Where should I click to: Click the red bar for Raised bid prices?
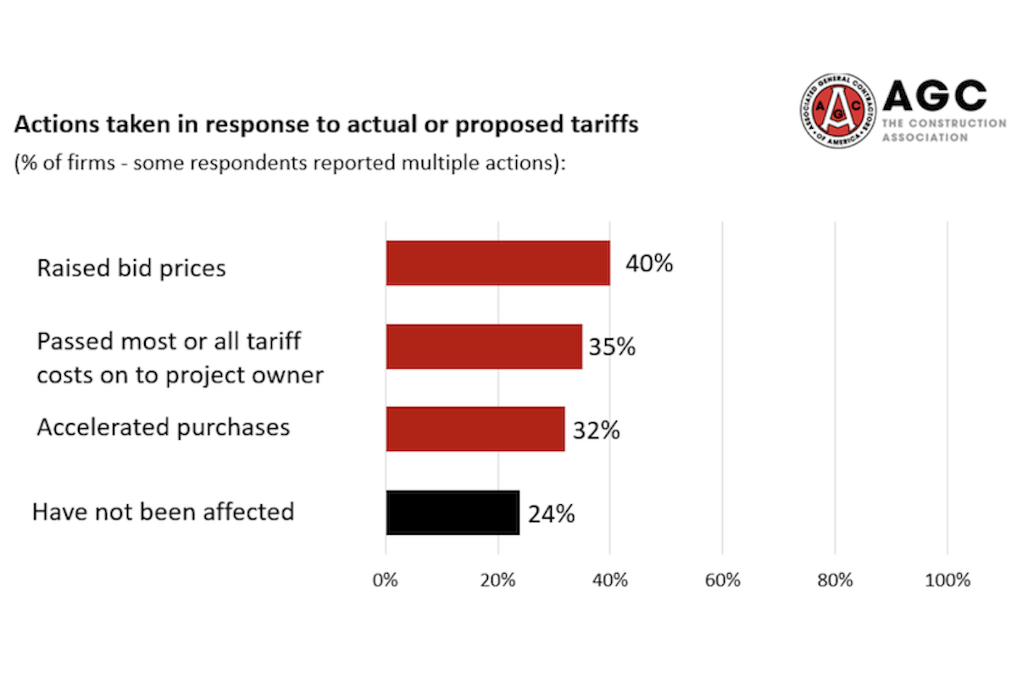[x=497, y=263]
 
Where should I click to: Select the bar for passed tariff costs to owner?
[x=484, y=346]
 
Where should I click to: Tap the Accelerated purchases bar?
[x=475, y=429]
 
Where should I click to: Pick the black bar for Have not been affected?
[x=453, y=512]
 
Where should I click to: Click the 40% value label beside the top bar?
[x=649, y=264]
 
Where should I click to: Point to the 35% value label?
[x=612, y=347]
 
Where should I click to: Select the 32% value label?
[x=596, y=431]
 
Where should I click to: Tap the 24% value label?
[x=551, y=514]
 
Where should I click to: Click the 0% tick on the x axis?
[x=386, y=581]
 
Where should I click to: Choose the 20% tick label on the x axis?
[x=497, y=581]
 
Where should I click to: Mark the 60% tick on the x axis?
[x=722, y=581]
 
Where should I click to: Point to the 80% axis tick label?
[x=835, y=581]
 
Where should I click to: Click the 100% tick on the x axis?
[x=948, y=581]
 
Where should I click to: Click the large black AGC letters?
[x=935, y=96]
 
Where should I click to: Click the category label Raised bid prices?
[x=131, y=269]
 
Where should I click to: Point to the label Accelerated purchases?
[x=163, y=427]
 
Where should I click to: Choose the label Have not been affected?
[x=163, y=512]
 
